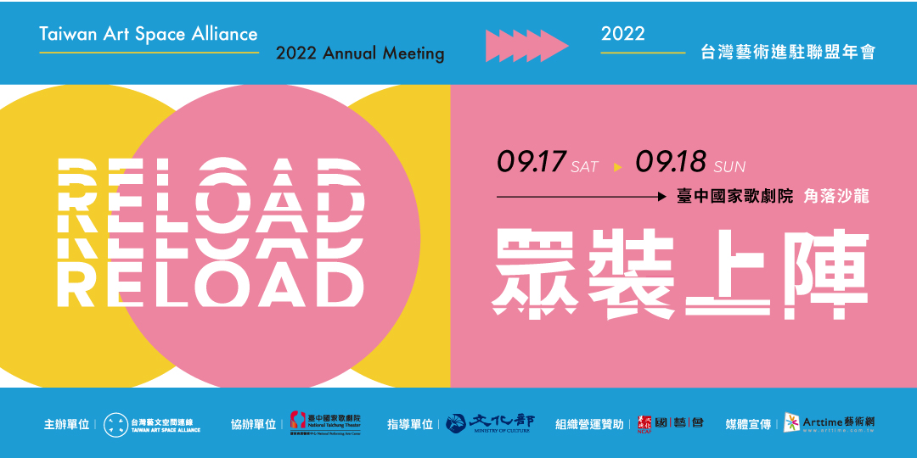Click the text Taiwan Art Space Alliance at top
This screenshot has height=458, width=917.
tap(149, 34)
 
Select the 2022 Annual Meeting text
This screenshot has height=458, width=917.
tap(360, 53)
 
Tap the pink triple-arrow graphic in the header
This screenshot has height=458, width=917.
tap(526, 45)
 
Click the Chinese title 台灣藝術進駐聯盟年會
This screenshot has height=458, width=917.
tap(787, 53)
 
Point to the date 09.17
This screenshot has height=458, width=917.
tap(532, 161)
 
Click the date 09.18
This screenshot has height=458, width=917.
tap(672, 161)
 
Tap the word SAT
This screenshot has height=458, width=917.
tap(584, 167)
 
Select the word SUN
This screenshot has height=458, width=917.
tap(729, 167)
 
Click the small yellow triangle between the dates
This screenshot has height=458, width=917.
tap(617, 167)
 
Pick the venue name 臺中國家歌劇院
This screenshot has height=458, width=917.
tap(734, 197)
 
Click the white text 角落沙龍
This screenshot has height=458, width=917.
tap(836, 197)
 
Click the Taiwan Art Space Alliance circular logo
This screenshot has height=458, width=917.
tap(115, 425)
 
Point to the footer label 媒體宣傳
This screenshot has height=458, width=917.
tap(748, 425)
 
